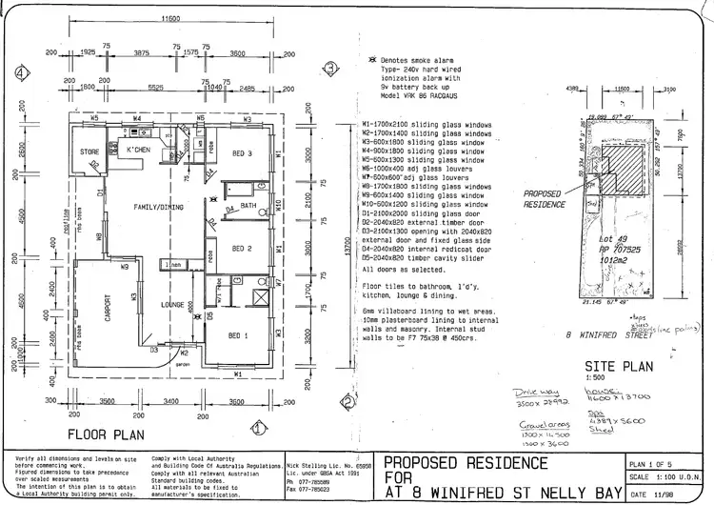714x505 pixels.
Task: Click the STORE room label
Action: click(89, 151)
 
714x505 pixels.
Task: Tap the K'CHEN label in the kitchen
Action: click(140, 151)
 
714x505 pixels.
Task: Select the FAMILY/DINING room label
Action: click(144, 207)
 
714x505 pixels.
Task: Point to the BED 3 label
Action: click(242, 152)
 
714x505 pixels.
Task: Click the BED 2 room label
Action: click(242, 248)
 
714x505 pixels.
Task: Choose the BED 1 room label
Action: click(238, 336)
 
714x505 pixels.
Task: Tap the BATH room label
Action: click(249, 205)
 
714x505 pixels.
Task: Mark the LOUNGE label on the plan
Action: click(173, 306)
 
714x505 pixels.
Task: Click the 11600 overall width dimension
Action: click(171, 19)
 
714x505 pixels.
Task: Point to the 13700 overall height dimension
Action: click(335, 245)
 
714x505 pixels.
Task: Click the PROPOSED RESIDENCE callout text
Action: click(545, 198)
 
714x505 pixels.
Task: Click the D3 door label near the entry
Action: click(153, 350)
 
